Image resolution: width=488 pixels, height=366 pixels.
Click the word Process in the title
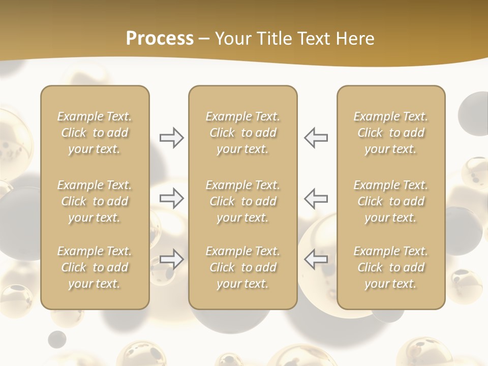click(x=160, y=39)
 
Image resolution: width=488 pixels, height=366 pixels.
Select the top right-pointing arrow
click(x=171, y=138)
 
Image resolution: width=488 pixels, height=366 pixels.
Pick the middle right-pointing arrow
click(x=171, y=198)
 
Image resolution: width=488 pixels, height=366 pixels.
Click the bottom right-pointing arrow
click(x=171, y=259)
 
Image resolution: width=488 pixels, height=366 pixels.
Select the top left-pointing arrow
click(x=316, y=138)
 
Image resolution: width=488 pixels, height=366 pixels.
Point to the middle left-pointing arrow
click(x=316, y=198)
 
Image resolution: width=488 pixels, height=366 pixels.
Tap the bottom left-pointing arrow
click(x=316, y=259)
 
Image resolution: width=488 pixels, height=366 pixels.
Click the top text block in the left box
click(x=95, y=133)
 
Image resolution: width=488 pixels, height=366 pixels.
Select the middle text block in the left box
click(x=95, y=201)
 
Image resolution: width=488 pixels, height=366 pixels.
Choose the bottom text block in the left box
click(x=95, y=267)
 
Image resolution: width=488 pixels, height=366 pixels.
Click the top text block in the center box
click(x=242, y=133)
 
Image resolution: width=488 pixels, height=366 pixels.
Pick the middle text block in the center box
click(x=242, y=201)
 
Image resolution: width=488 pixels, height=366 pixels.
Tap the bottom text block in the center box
click(x=242, y=267)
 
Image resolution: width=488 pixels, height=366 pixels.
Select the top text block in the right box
click(x=390, y=133)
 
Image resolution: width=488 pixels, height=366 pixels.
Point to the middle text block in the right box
click(x=390, y=201)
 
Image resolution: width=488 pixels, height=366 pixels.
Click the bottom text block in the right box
click(x=390, y=267)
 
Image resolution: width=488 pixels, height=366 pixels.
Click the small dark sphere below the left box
click(x=57, y=339)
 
